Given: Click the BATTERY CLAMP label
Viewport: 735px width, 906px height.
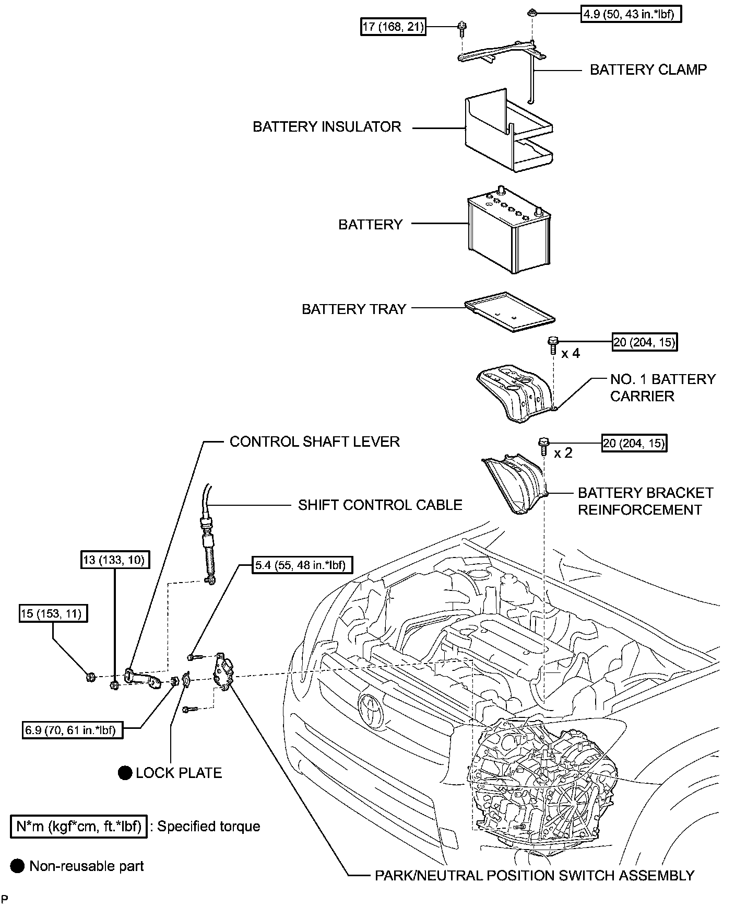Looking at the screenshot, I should [x=648, y=69].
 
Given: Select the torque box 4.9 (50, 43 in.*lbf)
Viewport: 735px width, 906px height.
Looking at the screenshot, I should [x=631, y=14].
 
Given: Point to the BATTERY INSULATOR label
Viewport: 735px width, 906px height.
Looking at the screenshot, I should [x=327, y=126].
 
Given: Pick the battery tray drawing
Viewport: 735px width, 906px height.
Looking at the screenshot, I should [x=509, y=311].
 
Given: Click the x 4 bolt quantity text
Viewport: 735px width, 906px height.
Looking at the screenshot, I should [x=570, y=354].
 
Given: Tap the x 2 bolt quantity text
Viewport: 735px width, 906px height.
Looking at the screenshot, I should [x=563, y=453].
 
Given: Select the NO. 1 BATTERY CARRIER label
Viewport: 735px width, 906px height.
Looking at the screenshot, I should [x=662, y=387].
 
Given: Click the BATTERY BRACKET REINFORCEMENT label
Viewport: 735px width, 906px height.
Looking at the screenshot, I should [x=645, y=501].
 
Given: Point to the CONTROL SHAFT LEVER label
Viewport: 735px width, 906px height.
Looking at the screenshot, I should [x=314, y=442].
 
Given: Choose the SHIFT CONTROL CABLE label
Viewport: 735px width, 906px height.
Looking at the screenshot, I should [x=380, y=505].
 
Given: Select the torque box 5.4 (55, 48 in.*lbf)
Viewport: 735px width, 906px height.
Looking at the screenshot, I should [x=302, y=565].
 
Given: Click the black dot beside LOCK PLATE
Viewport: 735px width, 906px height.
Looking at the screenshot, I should [x=125, y=773].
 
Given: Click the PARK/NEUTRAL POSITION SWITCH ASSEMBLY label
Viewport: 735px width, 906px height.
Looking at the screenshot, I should [x=535, y=875].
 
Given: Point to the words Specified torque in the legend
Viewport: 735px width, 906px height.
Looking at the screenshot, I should [x=208, y=826].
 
